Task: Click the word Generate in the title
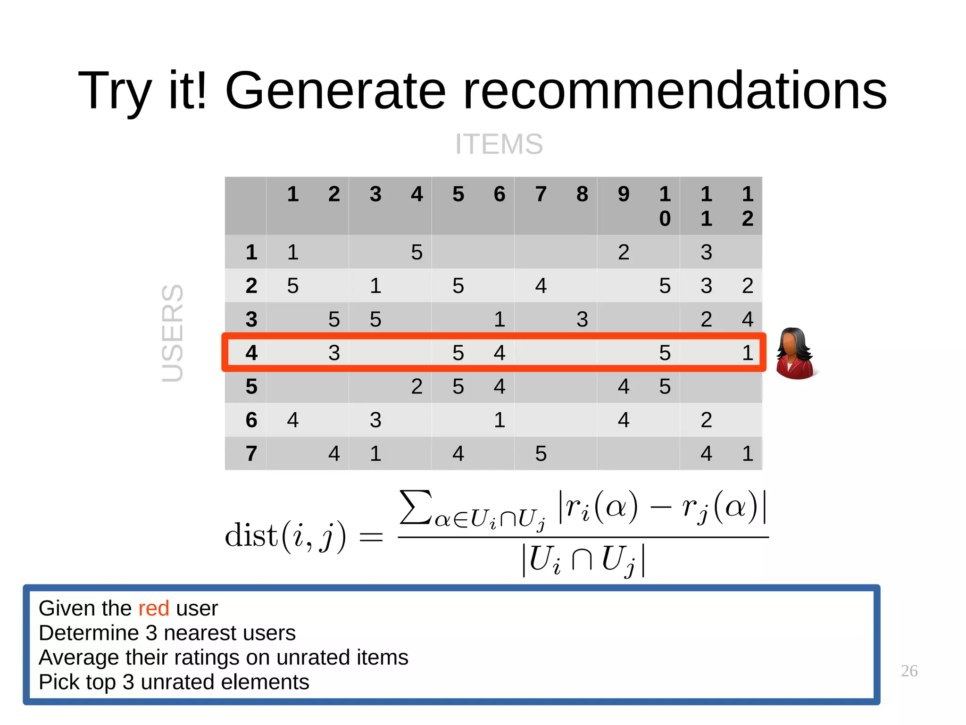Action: point(335,90)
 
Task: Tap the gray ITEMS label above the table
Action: point(499,144)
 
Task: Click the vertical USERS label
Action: point(173,333)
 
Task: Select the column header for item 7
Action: point(541,194)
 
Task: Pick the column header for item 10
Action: point(665,206)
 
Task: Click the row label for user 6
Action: point(251,420)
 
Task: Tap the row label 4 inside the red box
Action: point(251,353)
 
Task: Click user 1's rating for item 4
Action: point(416,252)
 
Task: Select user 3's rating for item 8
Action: point(582,319)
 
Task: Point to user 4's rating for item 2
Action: point(334,353)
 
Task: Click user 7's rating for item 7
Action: point(541,453)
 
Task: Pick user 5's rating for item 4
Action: point(416,387)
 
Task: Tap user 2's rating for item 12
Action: point(748,286)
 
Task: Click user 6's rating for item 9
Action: point(624,420)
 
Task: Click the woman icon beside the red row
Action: point(796,354)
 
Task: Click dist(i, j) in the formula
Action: point(285,536)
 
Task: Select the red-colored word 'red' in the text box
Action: point(154,608)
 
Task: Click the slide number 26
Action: point(909,671)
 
